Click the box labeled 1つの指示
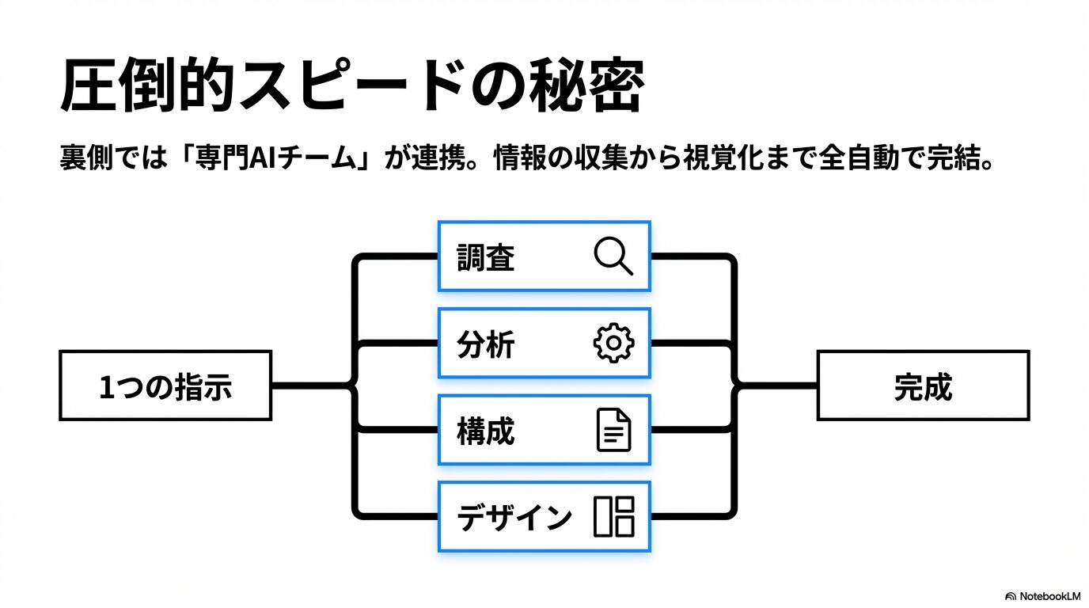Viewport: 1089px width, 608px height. click(x=165, y=386)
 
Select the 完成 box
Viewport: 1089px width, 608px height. click(x=923, y=386)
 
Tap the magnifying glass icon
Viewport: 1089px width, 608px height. click(x=613, y=256)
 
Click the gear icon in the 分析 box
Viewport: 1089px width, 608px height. click(x=613, y=344)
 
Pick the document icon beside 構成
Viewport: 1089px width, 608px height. click(x=613, y=431)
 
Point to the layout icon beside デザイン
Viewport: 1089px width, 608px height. click(x=613, y=517)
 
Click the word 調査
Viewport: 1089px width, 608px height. click(x=486, y=257)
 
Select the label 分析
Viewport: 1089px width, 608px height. click(x=486, y=344)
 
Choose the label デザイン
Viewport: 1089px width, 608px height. click(x=514, y=518)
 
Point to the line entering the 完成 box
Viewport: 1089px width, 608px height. click(x=780, y=386)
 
